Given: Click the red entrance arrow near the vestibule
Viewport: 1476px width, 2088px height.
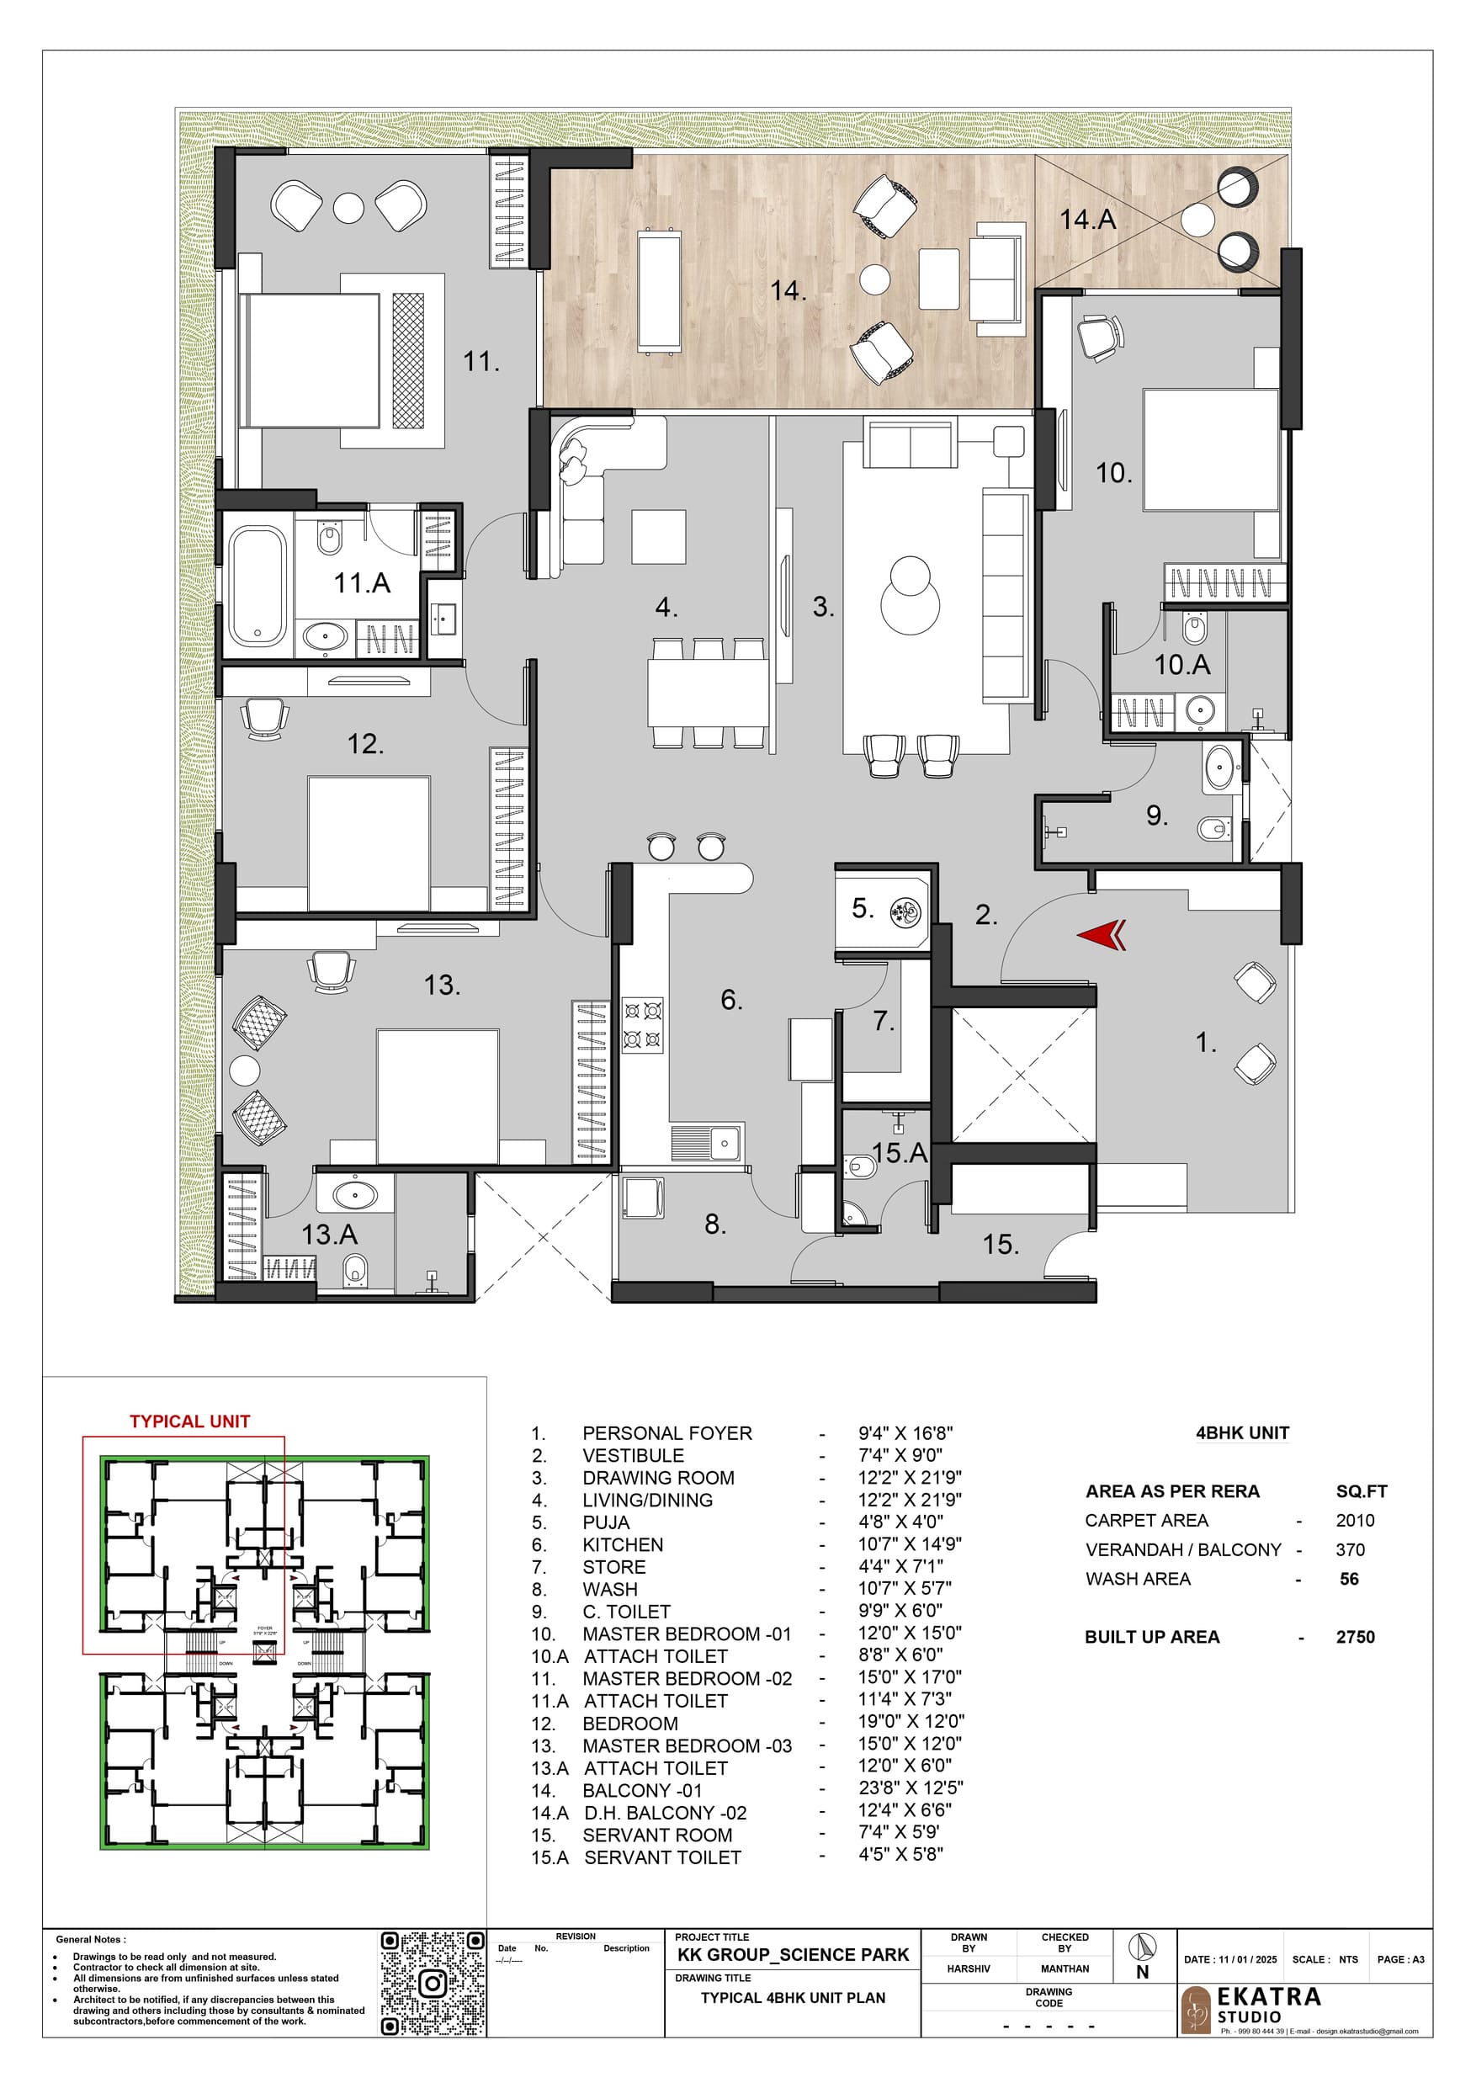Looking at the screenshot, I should (1102, 935).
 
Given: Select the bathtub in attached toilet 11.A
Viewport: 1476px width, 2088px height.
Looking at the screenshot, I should (258, 586).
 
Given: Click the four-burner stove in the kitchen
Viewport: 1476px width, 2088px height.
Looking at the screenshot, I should (642, 1025).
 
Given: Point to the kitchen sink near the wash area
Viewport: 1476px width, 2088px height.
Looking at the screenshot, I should (707, 1142).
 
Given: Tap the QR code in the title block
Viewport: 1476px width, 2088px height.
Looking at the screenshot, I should (432, 1983).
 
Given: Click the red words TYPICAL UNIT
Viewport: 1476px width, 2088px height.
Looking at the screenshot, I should (189, 1421).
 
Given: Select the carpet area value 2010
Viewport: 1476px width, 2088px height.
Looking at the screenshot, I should (1354, 1521).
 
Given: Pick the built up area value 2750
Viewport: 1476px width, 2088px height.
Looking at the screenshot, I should (1354, 1637).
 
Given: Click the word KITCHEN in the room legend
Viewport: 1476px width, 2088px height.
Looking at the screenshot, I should (623, 1544).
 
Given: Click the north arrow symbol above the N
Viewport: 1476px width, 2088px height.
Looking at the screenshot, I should (1142, 1947).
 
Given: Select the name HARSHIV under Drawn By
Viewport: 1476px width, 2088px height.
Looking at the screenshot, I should (969, 1968).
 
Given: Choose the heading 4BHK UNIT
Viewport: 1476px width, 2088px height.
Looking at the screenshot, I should (1241, 1433).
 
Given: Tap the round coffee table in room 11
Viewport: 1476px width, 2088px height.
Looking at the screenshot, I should (348, 208).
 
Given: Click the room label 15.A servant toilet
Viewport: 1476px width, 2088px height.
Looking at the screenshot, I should (899, 1153).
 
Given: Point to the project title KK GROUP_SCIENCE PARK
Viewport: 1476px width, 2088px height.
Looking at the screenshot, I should (792, 1955).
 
